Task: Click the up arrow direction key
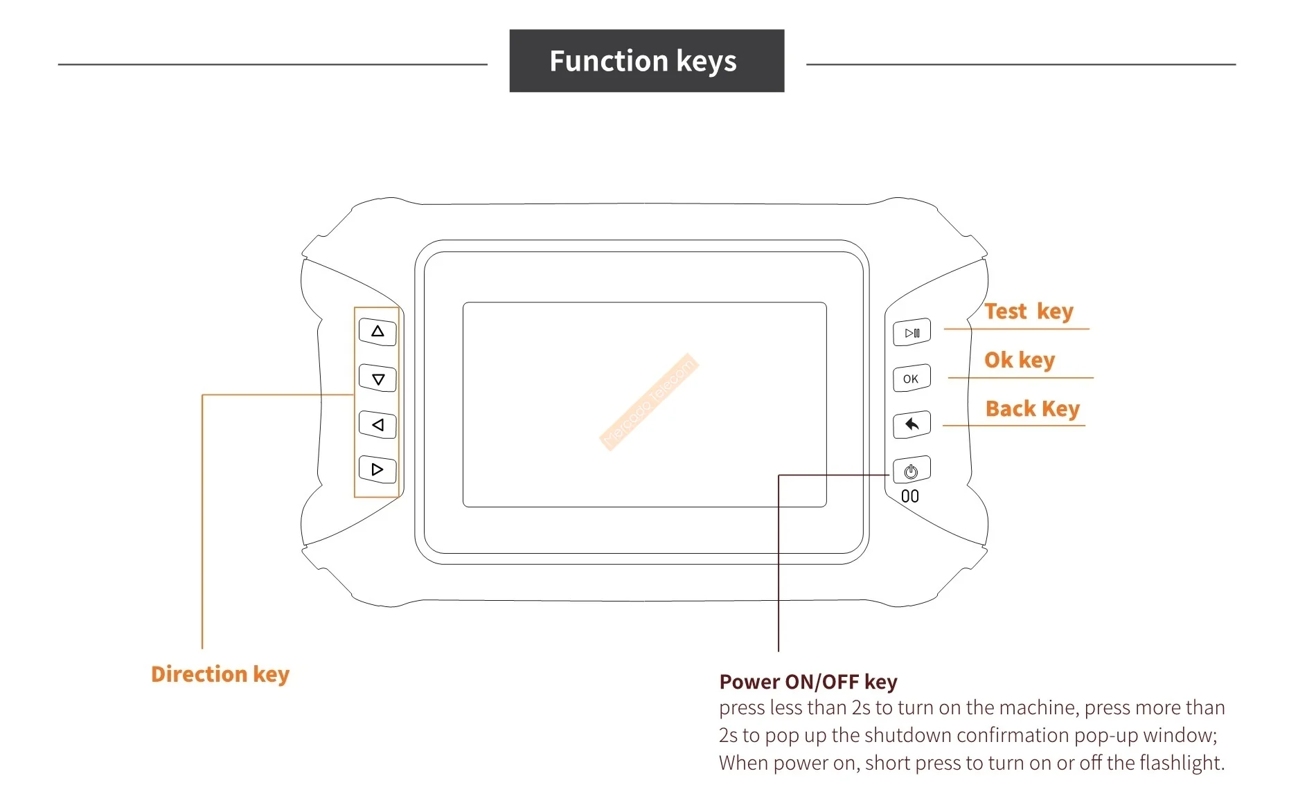pos(377,332)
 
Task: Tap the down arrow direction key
pos(377,379)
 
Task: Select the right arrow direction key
pos(377,469)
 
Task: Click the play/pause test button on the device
pos(912,333)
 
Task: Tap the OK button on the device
pos(911,379)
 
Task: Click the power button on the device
pos(911,471)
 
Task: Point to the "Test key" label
pos(1029,311)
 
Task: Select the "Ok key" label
pos(1020,360)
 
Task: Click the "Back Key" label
pos(1032,409)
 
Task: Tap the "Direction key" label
pos(220,674)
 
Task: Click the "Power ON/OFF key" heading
pos(808,682)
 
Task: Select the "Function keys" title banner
pos(646,61)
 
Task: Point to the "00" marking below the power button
pos(910,496)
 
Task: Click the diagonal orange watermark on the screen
pos(649,401)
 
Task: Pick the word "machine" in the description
pos(1036,707)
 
